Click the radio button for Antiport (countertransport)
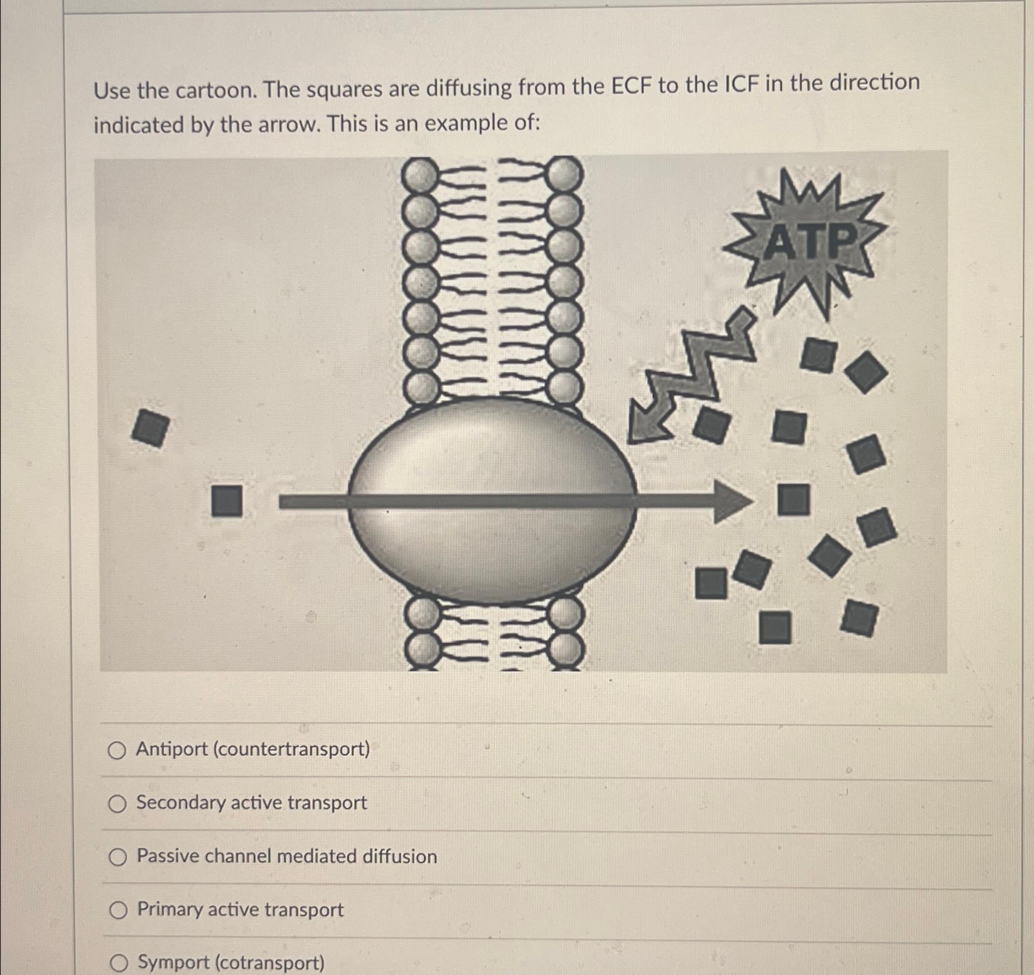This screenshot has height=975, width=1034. pyautogui.click(x=117, y=751)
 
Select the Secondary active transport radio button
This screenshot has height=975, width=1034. pyautogui.click(x=117, y=804)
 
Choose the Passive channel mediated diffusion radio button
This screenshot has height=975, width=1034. pyautogui.click(x=118, y=857)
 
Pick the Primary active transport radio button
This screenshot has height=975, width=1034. pyautogui.click(x=118, y=910)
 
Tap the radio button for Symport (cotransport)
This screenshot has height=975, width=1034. pyautogui.click(x=120, y=963)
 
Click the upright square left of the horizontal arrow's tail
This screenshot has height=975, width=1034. pyautogui.click(x=227, y=501)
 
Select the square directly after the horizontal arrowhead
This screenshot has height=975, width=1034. pyautogui.click(x=794, y=499)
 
